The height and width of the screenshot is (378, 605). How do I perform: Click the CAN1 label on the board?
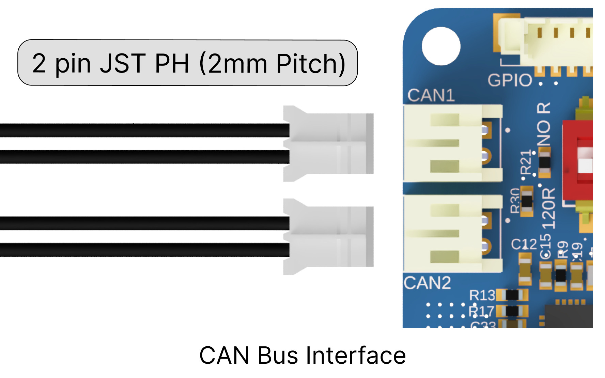(431, 95)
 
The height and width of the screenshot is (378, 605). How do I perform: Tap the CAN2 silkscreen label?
(427, 283)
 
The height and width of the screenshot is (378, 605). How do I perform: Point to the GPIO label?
(510, 80)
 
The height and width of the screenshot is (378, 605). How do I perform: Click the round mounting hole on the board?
(441, 46)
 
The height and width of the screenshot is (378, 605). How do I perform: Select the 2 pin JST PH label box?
(187, 63)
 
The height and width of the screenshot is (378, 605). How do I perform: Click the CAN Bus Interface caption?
(302, 355)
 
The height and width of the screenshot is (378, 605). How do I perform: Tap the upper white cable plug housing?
(328, 143)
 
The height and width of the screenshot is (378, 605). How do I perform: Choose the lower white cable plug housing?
(328, 236)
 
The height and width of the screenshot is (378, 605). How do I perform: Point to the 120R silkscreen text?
(548, 208)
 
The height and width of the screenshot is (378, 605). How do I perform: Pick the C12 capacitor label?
(524, 244)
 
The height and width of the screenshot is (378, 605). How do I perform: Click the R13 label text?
(482, 295)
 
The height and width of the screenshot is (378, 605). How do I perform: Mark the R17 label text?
(481, 311)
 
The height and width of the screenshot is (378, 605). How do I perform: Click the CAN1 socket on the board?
(450, 143)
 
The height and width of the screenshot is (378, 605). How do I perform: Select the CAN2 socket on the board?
(450, 234)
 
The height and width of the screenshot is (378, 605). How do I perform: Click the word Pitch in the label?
(307, 63)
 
